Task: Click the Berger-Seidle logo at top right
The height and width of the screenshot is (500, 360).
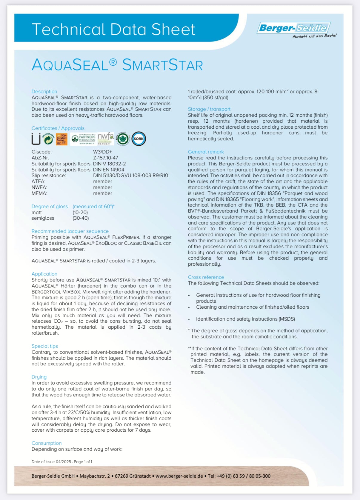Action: [x=294, y=28]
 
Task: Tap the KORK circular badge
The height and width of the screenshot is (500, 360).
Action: [x=139, y=139]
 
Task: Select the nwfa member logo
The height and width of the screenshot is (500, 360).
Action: [x=106, y=138]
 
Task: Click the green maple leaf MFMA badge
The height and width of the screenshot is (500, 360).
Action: [x=123, y=139]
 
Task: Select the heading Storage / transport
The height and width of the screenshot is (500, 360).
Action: [x=209, y=109]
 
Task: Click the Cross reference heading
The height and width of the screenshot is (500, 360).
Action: [x=206, y=277]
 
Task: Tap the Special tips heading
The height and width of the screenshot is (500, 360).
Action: [x=45, y=346]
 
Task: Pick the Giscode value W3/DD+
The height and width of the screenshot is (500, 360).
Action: [x=102, y=152]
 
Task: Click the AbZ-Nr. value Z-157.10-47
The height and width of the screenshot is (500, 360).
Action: [x=105, y=158]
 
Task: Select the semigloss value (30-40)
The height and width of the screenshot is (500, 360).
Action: [x=81, y=218]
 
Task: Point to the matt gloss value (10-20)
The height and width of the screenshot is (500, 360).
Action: [x=80, y=213]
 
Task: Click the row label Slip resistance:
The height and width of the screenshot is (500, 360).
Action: [x=49, y=176]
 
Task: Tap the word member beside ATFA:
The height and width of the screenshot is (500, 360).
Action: [x=102, y=181]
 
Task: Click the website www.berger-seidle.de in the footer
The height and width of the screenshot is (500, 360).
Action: [x=179, y=476]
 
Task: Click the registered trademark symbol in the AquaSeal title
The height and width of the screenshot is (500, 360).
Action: [x=113, y=61]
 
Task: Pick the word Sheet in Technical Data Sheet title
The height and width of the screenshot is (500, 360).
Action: [x=173, y=30]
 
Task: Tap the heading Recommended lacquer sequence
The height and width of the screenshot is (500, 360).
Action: [x=70, y=231]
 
